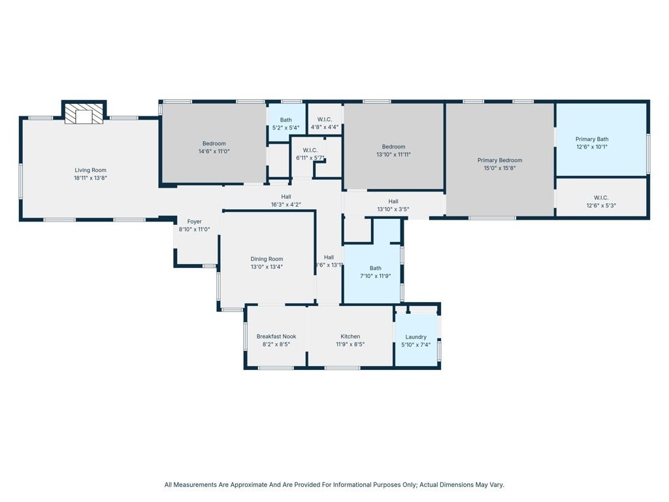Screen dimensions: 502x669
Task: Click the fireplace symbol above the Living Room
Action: (84, 114)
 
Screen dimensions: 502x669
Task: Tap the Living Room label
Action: (90, 170)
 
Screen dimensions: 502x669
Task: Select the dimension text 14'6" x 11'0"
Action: (214, 151)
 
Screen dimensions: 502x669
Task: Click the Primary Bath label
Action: (591, 139)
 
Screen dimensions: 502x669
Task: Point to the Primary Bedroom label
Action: (499, 160)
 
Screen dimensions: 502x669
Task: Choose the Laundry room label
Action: (416, 337)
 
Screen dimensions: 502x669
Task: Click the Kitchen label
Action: (350, 337)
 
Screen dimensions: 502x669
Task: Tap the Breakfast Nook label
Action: (276, 337)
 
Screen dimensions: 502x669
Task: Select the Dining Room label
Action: (267, 259)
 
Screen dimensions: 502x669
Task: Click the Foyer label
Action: (194, 222)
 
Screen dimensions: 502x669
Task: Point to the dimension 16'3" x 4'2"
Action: (286, 205)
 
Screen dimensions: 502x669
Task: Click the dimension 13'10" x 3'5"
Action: (393, 209)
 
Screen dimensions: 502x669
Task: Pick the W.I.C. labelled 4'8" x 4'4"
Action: (325, 127)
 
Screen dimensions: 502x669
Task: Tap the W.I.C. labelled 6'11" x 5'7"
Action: (310, 158)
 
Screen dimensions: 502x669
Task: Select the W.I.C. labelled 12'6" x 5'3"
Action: (601, 205)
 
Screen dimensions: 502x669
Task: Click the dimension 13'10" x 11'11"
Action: (393, 154)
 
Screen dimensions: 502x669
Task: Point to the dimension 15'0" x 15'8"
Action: (499, 168)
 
